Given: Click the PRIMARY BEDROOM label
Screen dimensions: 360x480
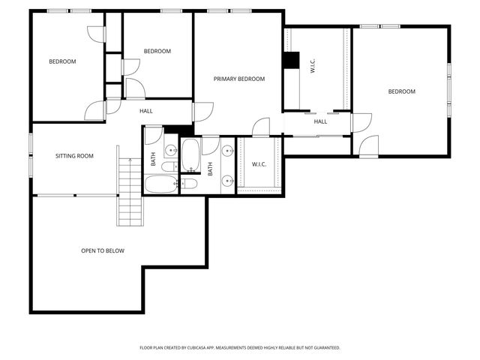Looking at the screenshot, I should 238,79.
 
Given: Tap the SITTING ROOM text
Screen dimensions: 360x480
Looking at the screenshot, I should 74,156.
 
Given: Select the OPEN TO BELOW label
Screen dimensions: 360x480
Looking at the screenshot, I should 103,250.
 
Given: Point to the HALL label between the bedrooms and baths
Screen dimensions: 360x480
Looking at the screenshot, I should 146,111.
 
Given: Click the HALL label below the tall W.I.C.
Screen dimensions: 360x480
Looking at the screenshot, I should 320,121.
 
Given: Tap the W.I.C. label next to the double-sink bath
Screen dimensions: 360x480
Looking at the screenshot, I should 259,164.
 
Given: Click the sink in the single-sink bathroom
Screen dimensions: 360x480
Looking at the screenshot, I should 170,148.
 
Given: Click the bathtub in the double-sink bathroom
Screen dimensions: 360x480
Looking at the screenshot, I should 190,154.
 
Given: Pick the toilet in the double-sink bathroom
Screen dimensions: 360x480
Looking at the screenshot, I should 190,182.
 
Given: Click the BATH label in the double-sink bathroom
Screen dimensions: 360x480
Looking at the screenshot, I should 210,169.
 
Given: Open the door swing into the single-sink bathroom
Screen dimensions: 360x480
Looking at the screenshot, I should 154,136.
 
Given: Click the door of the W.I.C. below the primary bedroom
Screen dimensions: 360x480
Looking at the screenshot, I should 260,127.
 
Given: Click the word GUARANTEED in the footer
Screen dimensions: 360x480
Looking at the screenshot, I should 323,348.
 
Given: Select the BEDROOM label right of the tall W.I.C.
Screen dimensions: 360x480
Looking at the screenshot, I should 401,91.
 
